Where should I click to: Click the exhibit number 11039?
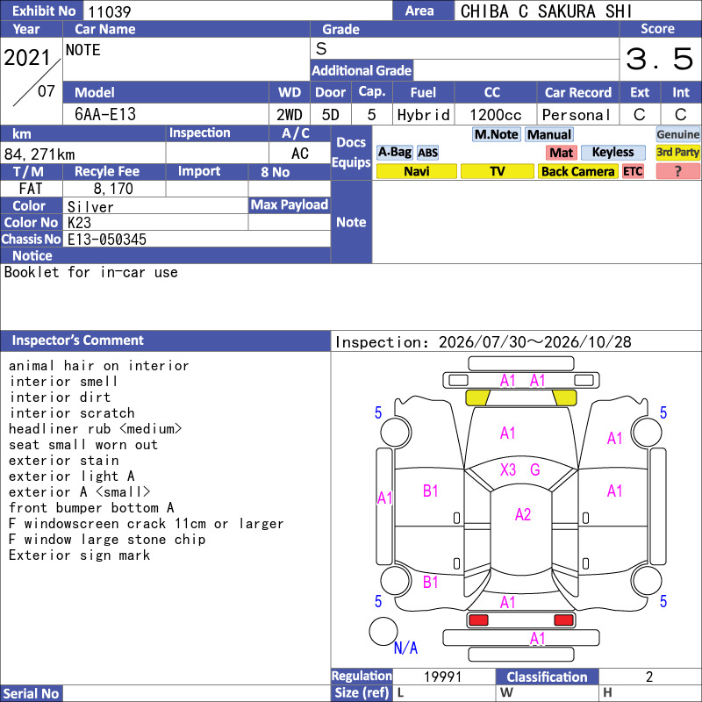109,11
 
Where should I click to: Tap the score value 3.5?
660,59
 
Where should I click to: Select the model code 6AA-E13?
105,114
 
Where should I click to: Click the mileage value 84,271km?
39,154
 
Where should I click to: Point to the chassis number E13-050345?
106,239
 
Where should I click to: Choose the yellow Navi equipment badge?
416,171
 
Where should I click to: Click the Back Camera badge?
577,171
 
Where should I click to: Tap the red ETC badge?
633,171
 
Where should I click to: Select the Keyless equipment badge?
612,152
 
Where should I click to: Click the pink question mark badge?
677,171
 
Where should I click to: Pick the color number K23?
79,223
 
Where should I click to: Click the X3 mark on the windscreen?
508,469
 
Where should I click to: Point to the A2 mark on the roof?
523,514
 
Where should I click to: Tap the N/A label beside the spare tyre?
405,648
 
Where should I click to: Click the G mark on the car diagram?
535,469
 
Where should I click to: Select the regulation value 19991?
442,677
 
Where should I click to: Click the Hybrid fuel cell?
423,115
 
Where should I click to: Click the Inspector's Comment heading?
77,340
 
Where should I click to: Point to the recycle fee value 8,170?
113,189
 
